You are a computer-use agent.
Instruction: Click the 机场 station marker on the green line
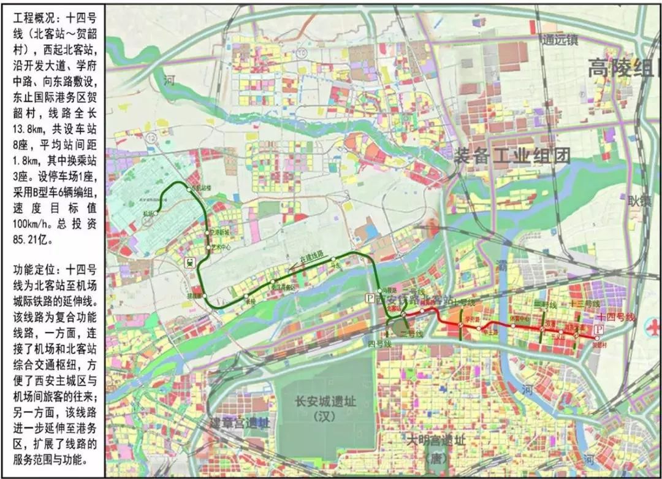coord(157,213)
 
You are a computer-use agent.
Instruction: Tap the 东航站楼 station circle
coord(189,190)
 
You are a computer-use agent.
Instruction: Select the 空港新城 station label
coord(219,234)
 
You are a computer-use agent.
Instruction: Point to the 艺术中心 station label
coord(221,248)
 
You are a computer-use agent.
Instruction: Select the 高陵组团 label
coord(622,68)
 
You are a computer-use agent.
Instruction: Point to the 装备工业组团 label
coord(512,155)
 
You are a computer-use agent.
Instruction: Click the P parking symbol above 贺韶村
coord(599,329)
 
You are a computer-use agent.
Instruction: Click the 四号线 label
coord(380,343)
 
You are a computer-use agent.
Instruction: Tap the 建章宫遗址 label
coord(240,423)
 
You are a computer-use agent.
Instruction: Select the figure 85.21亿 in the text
coord(32,240)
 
